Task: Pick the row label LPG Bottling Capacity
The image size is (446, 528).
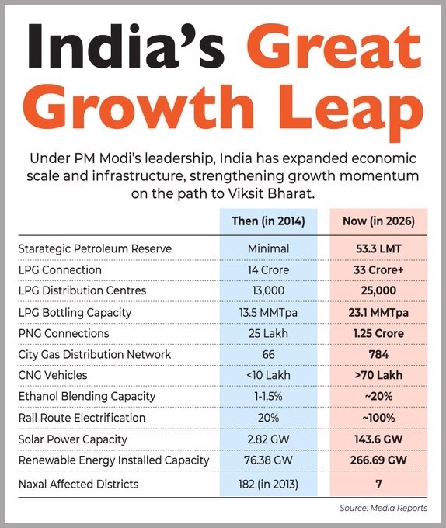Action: (x=74, y=312)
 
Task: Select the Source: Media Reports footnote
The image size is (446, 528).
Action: (x=383, y=509)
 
